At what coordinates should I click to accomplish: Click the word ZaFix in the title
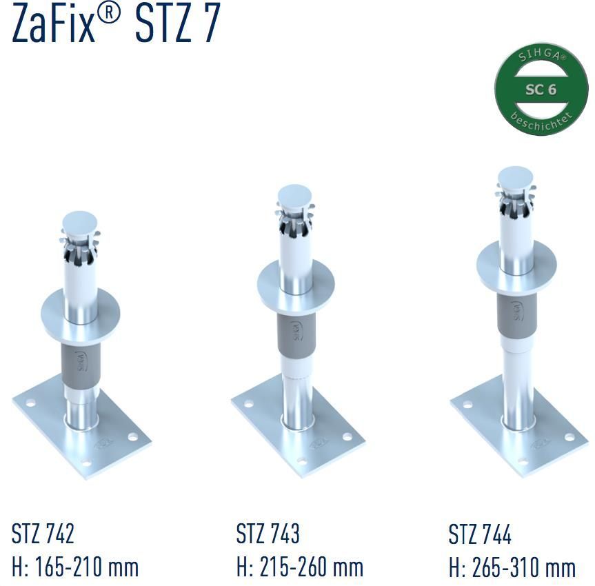(x=53, y=23)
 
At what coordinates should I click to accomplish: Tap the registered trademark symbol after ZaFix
(x=108, y=15)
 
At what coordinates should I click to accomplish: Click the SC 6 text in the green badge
(x=541, y=90)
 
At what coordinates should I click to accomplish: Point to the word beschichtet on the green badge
(x=541, y=121)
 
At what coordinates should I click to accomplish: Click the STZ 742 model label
(x=43, y=533)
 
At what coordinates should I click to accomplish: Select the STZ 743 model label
(x=268, y=533)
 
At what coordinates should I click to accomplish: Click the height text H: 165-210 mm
(x=75, y=567)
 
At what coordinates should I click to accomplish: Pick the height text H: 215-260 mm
(x=300, y=567)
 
